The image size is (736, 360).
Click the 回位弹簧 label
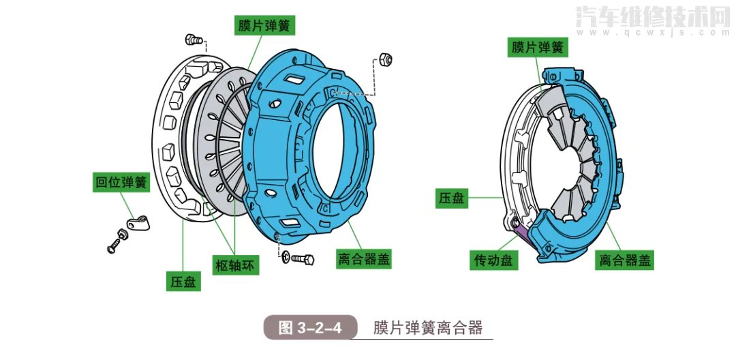121,183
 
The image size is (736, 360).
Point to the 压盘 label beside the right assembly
451,198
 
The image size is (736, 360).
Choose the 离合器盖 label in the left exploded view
365,260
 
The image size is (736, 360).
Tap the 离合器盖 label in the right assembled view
626,260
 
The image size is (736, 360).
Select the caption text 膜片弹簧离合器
427,328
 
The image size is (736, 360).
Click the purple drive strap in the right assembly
522,233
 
